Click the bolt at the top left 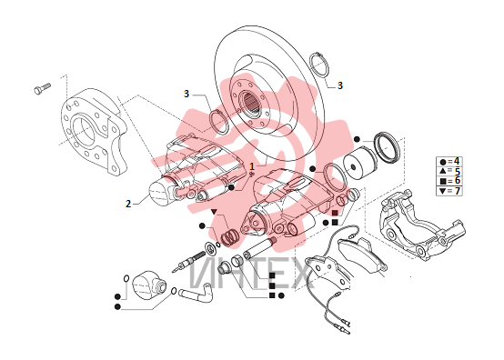tap(42, 88)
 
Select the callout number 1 tap(252, 166)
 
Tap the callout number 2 tap(128, 204)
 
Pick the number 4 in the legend tap(457, 161)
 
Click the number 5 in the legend tap(457, 171)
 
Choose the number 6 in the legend tap(457, 181)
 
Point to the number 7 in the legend tap(457, 191)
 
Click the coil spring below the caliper tap(229, 238)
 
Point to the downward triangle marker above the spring tap(214, 211)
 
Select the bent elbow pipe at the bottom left tap(197, 293)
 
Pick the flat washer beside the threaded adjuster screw tap(210, 247)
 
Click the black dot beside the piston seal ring tap(357, 139)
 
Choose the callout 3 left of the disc tap(186, 94)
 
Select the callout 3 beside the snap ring tap(340, 85)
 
